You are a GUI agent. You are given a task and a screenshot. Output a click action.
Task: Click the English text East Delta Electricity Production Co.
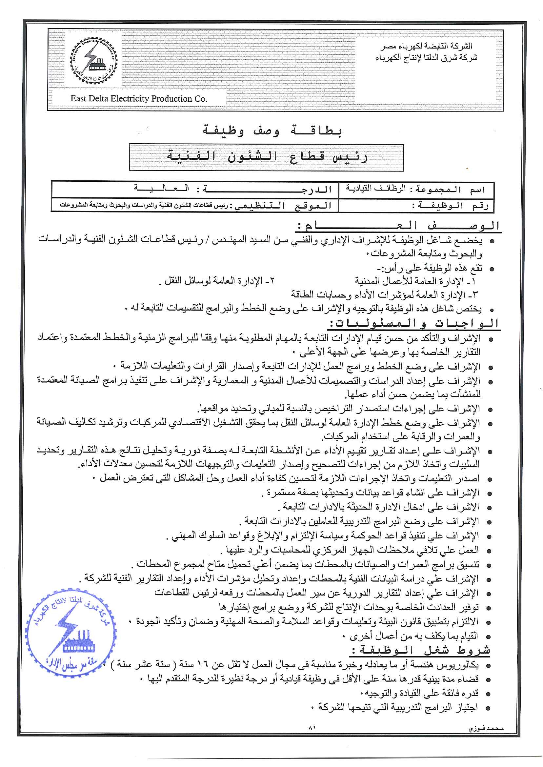[x=139, y=99]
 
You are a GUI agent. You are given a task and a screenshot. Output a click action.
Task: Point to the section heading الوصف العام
[x=398, y=226]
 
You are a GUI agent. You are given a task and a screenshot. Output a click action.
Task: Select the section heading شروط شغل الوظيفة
[x=421, y=651]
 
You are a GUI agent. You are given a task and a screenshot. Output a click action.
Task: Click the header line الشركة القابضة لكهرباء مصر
[x=426, y=46]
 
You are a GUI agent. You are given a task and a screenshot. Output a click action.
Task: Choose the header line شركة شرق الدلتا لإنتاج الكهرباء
[x=426, y=58]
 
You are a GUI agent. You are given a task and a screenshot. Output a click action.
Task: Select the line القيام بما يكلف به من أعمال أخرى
[x=413, y=636]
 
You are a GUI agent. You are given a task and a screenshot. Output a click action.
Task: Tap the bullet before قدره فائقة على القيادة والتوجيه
[x=488, y=694]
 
